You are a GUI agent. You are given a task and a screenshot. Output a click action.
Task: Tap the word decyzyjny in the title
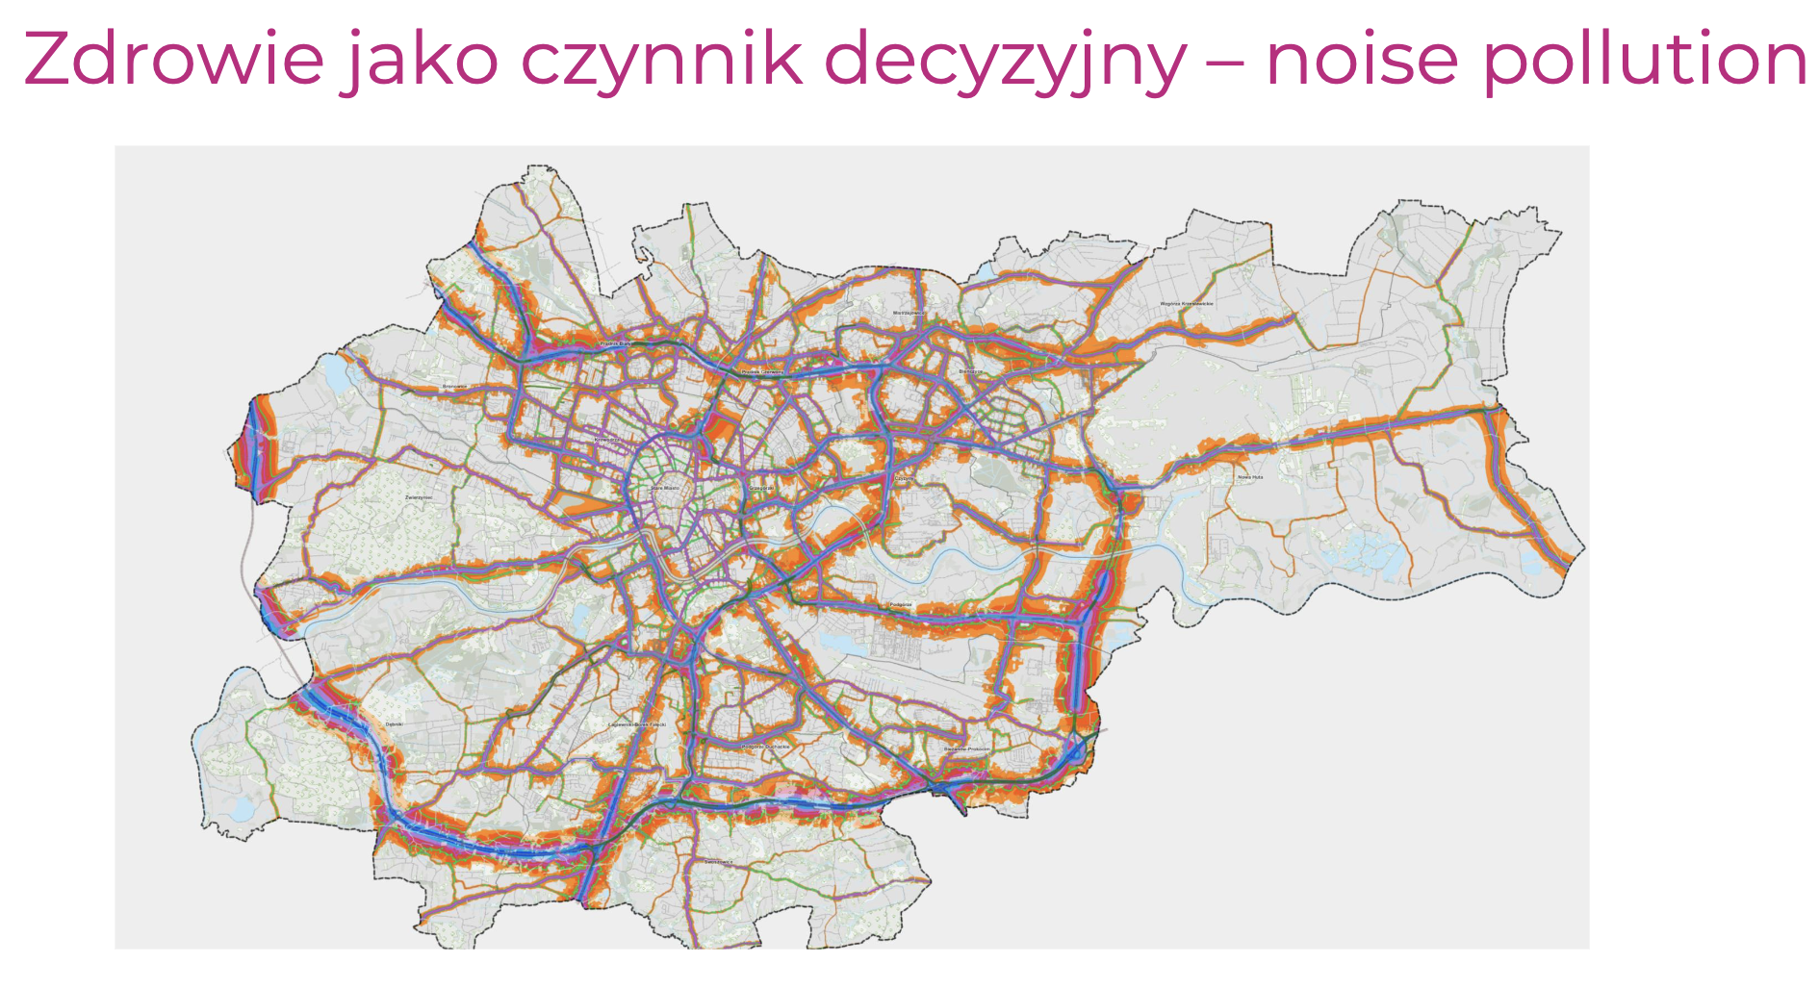1005,60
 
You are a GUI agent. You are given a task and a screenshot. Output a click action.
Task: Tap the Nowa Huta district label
1249,477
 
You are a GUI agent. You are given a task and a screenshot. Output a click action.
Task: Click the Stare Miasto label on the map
665,489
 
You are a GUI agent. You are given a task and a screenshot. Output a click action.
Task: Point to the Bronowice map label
454,387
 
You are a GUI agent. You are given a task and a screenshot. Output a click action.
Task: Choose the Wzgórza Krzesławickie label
1186,304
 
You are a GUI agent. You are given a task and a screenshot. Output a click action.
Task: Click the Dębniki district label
394,723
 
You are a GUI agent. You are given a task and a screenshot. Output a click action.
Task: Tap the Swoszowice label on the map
718,862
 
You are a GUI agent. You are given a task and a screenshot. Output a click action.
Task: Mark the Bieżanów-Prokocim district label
966,748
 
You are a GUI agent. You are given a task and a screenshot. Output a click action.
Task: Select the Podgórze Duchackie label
766,746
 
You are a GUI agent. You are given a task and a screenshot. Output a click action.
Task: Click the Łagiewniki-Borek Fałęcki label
637,724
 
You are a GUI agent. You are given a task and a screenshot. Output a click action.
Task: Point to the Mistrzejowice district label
908,313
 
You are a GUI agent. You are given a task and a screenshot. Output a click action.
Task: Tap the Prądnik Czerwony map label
762,371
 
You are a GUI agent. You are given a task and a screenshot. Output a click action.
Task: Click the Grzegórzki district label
761,489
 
